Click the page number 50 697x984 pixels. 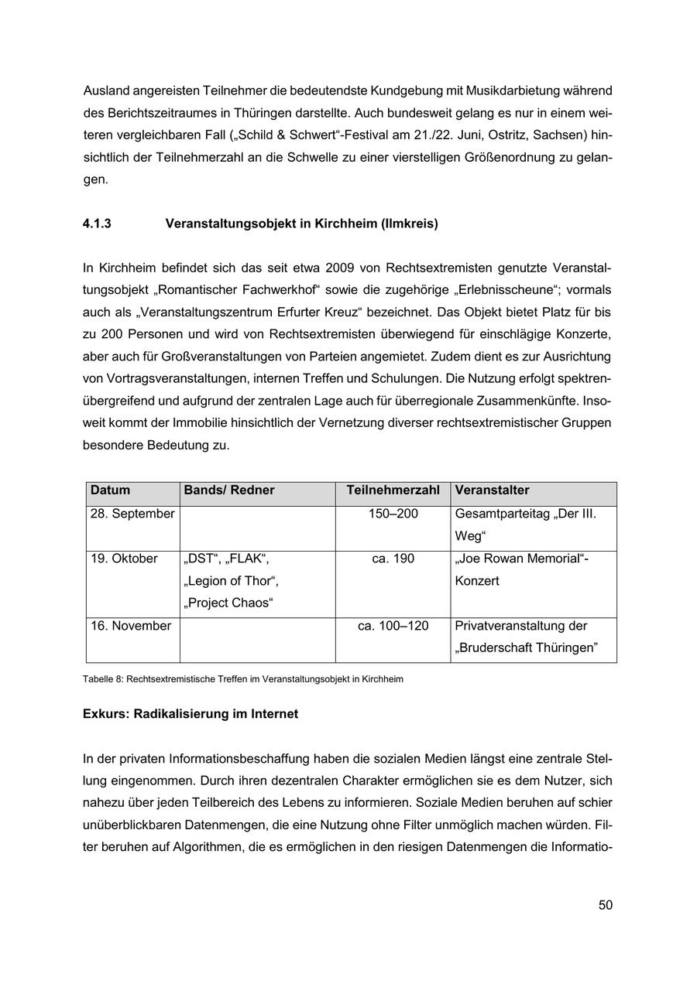[605, 905]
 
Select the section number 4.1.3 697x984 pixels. [97, 224]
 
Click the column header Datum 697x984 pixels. [110, 490]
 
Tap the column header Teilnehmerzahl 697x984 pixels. [393, 490]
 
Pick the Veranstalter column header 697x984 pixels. [492, 490]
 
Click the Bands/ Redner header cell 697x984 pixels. [229, 490]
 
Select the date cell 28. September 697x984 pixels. [132, 514]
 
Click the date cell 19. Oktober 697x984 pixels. [124, 559]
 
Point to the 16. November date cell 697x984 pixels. [131, 626]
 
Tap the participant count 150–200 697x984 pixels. [393, 514]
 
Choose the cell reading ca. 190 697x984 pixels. [393, 559]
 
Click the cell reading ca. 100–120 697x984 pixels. [393, 626]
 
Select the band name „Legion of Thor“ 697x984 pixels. [232, 581]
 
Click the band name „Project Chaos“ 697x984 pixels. [228, 603]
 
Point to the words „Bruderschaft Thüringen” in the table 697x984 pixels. [527, 648]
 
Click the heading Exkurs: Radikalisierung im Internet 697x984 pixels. [190, 714]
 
